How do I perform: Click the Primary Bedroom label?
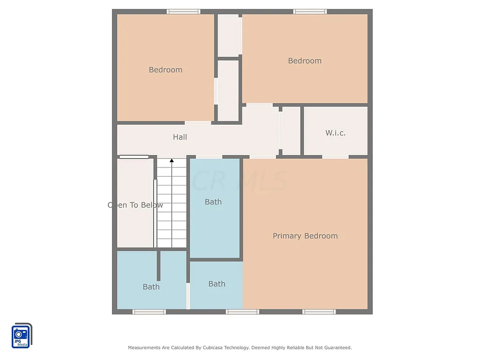click(305, 236)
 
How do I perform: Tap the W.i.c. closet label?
click(336, 133)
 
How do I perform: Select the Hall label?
click(180, 137)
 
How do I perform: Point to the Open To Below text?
click(135, 205)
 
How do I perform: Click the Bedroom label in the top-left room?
click(165, 70)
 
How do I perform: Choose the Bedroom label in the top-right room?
click(305, 61)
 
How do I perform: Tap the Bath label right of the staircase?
click(213, 202)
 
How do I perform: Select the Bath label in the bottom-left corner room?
click(151, 287)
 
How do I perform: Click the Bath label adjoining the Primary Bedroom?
click(217, 284)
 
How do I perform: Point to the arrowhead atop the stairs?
click(172, 161)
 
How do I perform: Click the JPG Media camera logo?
click(22, 336)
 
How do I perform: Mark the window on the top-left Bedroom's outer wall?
click(184, 12)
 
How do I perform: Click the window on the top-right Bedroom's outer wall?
click(310, 12)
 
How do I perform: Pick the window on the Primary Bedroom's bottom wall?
click(319, 312)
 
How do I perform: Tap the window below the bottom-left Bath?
click(149, 312)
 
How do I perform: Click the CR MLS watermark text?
click(240, 181)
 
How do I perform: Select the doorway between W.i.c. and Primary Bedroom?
click(335, 157)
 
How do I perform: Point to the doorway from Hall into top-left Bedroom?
click(198, 123)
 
